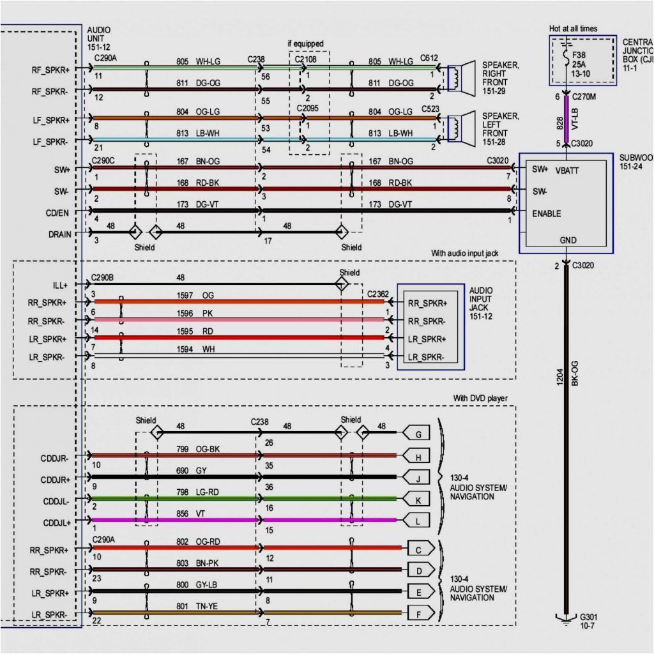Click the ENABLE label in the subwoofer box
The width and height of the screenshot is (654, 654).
547,213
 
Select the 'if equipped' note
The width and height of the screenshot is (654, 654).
305,43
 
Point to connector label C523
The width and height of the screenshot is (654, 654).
430,109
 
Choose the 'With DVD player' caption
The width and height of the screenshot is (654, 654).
480,399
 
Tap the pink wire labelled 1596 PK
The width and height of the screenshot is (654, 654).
255,319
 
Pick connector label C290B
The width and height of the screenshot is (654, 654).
103,278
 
